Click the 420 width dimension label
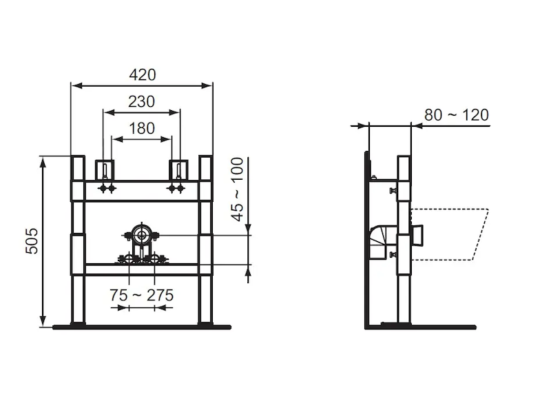coord(143,75)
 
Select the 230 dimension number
coord(141,101)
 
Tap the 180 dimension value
coord(142,128)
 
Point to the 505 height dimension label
coord(32,240)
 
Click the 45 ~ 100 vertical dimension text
coord(238,189)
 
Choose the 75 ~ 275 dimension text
coord(142,295)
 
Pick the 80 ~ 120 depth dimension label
coord(457,115)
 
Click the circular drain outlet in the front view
coord(142,235)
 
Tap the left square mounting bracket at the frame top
coord(105,170)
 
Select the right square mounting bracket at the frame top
coord(178,170)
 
